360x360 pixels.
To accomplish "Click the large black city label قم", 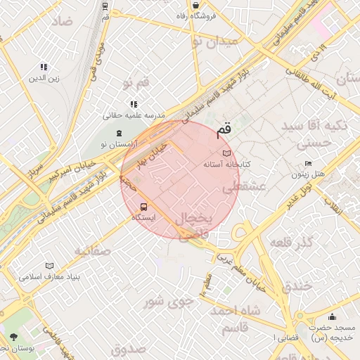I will pyautogui.click(x=224, y=129).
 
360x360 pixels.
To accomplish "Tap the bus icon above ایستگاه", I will pyautogui.click(x=144, y=207).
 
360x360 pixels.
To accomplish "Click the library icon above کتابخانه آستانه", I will pyautogui.click(x=226, y=153).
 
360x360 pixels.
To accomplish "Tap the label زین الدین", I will pyautogui.click(x=44, y=78).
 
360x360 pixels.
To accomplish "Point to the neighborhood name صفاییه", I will pyautogui.click(x=92, y=250).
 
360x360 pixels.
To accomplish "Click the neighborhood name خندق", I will pyautogui.click(x=296, y=287).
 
